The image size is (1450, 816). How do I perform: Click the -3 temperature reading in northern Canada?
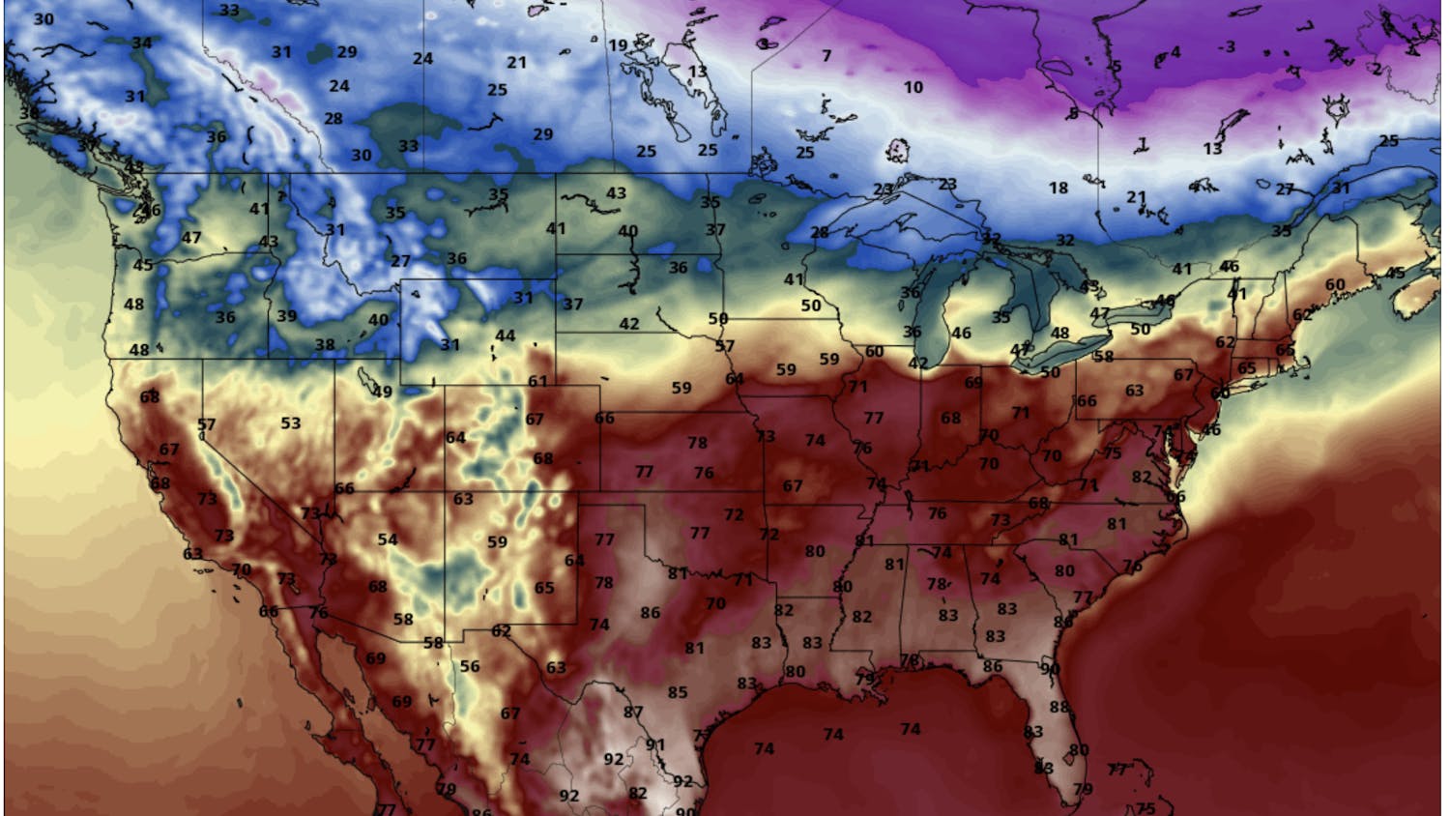tap(1226, 46)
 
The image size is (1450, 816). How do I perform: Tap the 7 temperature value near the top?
tap(826, 56)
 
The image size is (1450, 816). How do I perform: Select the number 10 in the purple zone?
tap(913, 87)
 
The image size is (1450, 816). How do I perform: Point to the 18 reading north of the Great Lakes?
tap(1058, 188)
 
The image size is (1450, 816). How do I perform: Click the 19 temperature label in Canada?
tap(617, 44)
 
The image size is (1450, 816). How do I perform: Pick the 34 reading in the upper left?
tap(142, 43)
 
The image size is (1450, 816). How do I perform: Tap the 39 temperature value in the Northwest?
tap(286, 315)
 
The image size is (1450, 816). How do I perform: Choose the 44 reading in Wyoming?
tap(505, 335)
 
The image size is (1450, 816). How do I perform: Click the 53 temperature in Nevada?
tap(291, 423)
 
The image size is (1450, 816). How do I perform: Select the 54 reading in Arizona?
tap(388, 539)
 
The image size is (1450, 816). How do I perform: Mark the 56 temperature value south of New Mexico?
tap(470, 666)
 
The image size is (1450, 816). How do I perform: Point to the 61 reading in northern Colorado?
tap(537, 382)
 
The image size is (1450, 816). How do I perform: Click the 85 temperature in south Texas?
tap(678, 692)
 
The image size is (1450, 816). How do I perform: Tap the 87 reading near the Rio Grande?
tap(632, 713)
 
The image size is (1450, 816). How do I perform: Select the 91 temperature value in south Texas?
tap(655, 744)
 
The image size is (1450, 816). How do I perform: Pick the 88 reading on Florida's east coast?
tap(1059, 708)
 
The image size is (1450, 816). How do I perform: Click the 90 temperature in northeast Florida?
tap(1050, 668)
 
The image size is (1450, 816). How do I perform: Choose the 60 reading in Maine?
tap(1334, 284)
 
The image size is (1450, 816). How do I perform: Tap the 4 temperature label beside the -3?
tap(1175, 52)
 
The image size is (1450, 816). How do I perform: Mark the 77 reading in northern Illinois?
tap(874, 418)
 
